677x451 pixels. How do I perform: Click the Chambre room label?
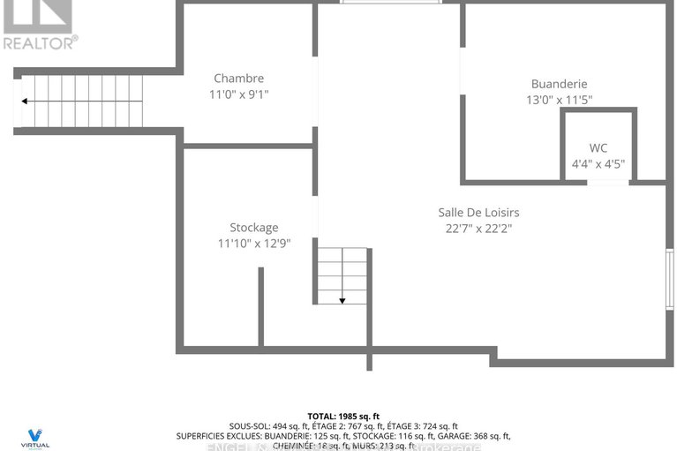pos(238,79)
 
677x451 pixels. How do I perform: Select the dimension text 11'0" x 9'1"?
pos(238,94)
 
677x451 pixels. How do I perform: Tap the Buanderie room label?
pos(559,85)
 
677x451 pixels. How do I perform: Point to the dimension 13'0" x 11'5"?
pos(559,101)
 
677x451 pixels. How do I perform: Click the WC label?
pos(598,147)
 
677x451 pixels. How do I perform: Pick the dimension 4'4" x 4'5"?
pos(598,163)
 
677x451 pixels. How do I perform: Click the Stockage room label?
pos(254,227)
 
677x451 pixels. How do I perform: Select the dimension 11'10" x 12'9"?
pos(254,243)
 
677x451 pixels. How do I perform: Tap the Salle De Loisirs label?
pos(478,212)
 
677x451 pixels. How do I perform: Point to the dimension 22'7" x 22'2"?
pos(478,228)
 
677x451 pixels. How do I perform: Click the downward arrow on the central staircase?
pos(342,299)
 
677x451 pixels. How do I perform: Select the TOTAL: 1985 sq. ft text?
pos(343,416)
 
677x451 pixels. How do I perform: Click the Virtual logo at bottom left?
pos(34,437)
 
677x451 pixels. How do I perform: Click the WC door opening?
pos(607,183)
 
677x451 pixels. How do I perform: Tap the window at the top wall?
pos(390,3)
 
